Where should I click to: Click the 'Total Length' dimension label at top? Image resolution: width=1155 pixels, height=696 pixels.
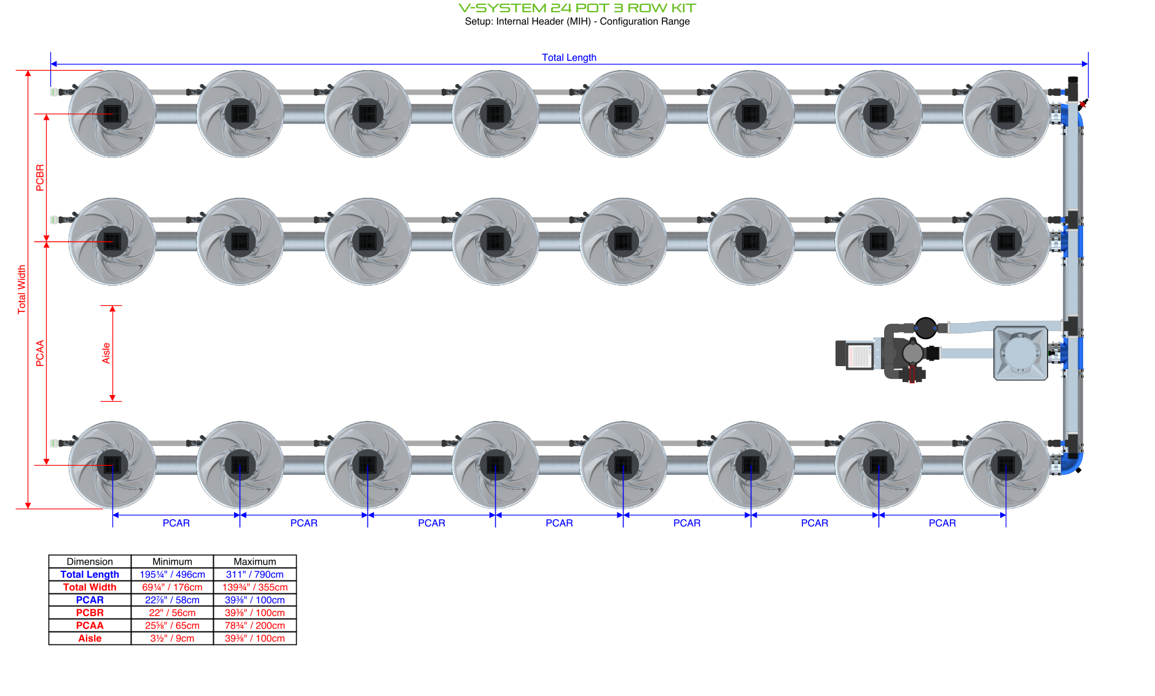pos(569,57)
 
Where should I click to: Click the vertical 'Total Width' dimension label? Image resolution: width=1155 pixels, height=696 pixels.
pos(22,289)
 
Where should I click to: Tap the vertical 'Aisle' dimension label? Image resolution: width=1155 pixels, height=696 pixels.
pos(106,353)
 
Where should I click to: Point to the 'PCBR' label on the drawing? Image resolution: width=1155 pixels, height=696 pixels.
pos(40,178)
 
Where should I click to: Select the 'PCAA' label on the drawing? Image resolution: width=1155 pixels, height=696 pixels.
pos(40,353)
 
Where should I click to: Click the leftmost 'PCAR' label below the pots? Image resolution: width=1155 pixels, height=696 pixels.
pos(176,523)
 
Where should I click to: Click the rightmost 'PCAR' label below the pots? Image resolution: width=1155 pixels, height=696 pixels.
pos(942,523)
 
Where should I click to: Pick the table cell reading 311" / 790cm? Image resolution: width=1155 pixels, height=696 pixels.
pos(254,574)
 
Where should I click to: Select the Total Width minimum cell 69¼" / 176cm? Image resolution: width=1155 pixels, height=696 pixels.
pos(172,587)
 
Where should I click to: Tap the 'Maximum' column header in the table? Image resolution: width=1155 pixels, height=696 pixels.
pos(254,561)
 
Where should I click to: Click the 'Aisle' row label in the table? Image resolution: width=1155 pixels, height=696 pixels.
pos(90,638)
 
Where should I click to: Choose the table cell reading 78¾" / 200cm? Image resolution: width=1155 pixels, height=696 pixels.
pos(254,625)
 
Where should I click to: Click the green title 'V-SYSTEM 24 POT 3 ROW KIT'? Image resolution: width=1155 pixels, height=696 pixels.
pos(577,8)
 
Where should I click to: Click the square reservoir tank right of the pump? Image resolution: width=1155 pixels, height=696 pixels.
pos(1020,353)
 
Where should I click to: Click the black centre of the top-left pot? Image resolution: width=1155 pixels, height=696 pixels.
pos(112,114)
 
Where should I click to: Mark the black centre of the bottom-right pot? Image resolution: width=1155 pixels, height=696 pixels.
pos(1006,465)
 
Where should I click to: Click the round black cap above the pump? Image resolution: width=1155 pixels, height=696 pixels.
pos(925,328)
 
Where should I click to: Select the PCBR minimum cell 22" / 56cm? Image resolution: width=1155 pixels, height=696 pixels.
pos(172,612)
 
